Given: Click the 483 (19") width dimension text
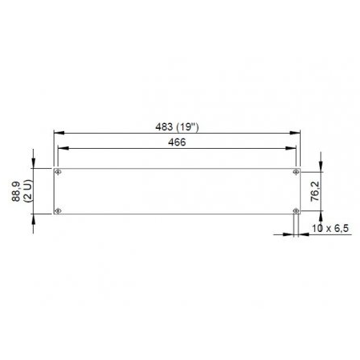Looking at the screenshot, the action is (x=177, y=127).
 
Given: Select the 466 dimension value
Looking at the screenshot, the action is (x=177, y=142).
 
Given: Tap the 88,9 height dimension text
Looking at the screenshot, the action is (x=16, y=191).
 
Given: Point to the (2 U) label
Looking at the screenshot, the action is (x=27, y=191).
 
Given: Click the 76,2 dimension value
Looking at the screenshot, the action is (x=315, y=191).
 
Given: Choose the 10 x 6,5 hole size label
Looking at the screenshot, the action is (x=330, y=228).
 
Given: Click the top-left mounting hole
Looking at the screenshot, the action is (x=58, y=172).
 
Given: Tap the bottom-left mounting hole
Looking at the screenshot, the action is (x=58, y=210).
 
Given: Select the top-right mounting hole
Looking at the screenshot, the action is (x=296, y=172).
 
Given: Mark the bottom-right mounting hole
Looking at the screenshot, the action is (x=296, y=210).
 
